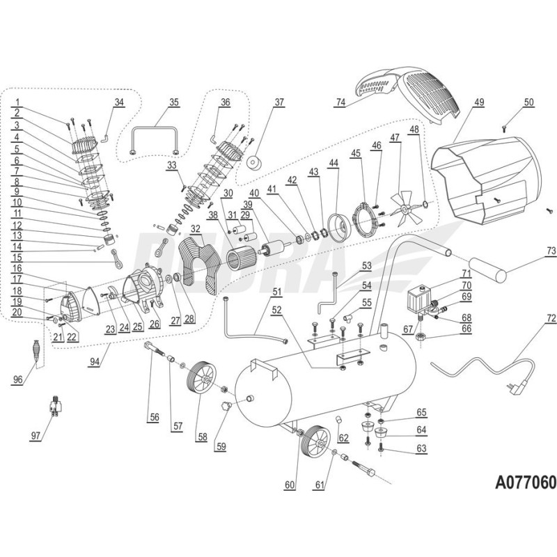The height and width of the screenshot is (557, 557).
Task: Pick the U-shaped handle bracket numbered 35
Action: pos(155,138)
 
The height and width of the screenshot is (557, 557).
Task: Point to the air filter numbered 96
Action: pos(35,348)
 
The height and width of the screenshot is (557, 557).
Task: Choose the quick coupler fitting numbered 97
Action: pos(54,405)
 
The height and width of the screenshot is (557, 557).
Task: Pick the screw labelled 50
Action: pos(503,127)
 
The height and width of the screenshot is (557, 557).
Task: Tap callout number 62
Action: pos(343,438)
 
